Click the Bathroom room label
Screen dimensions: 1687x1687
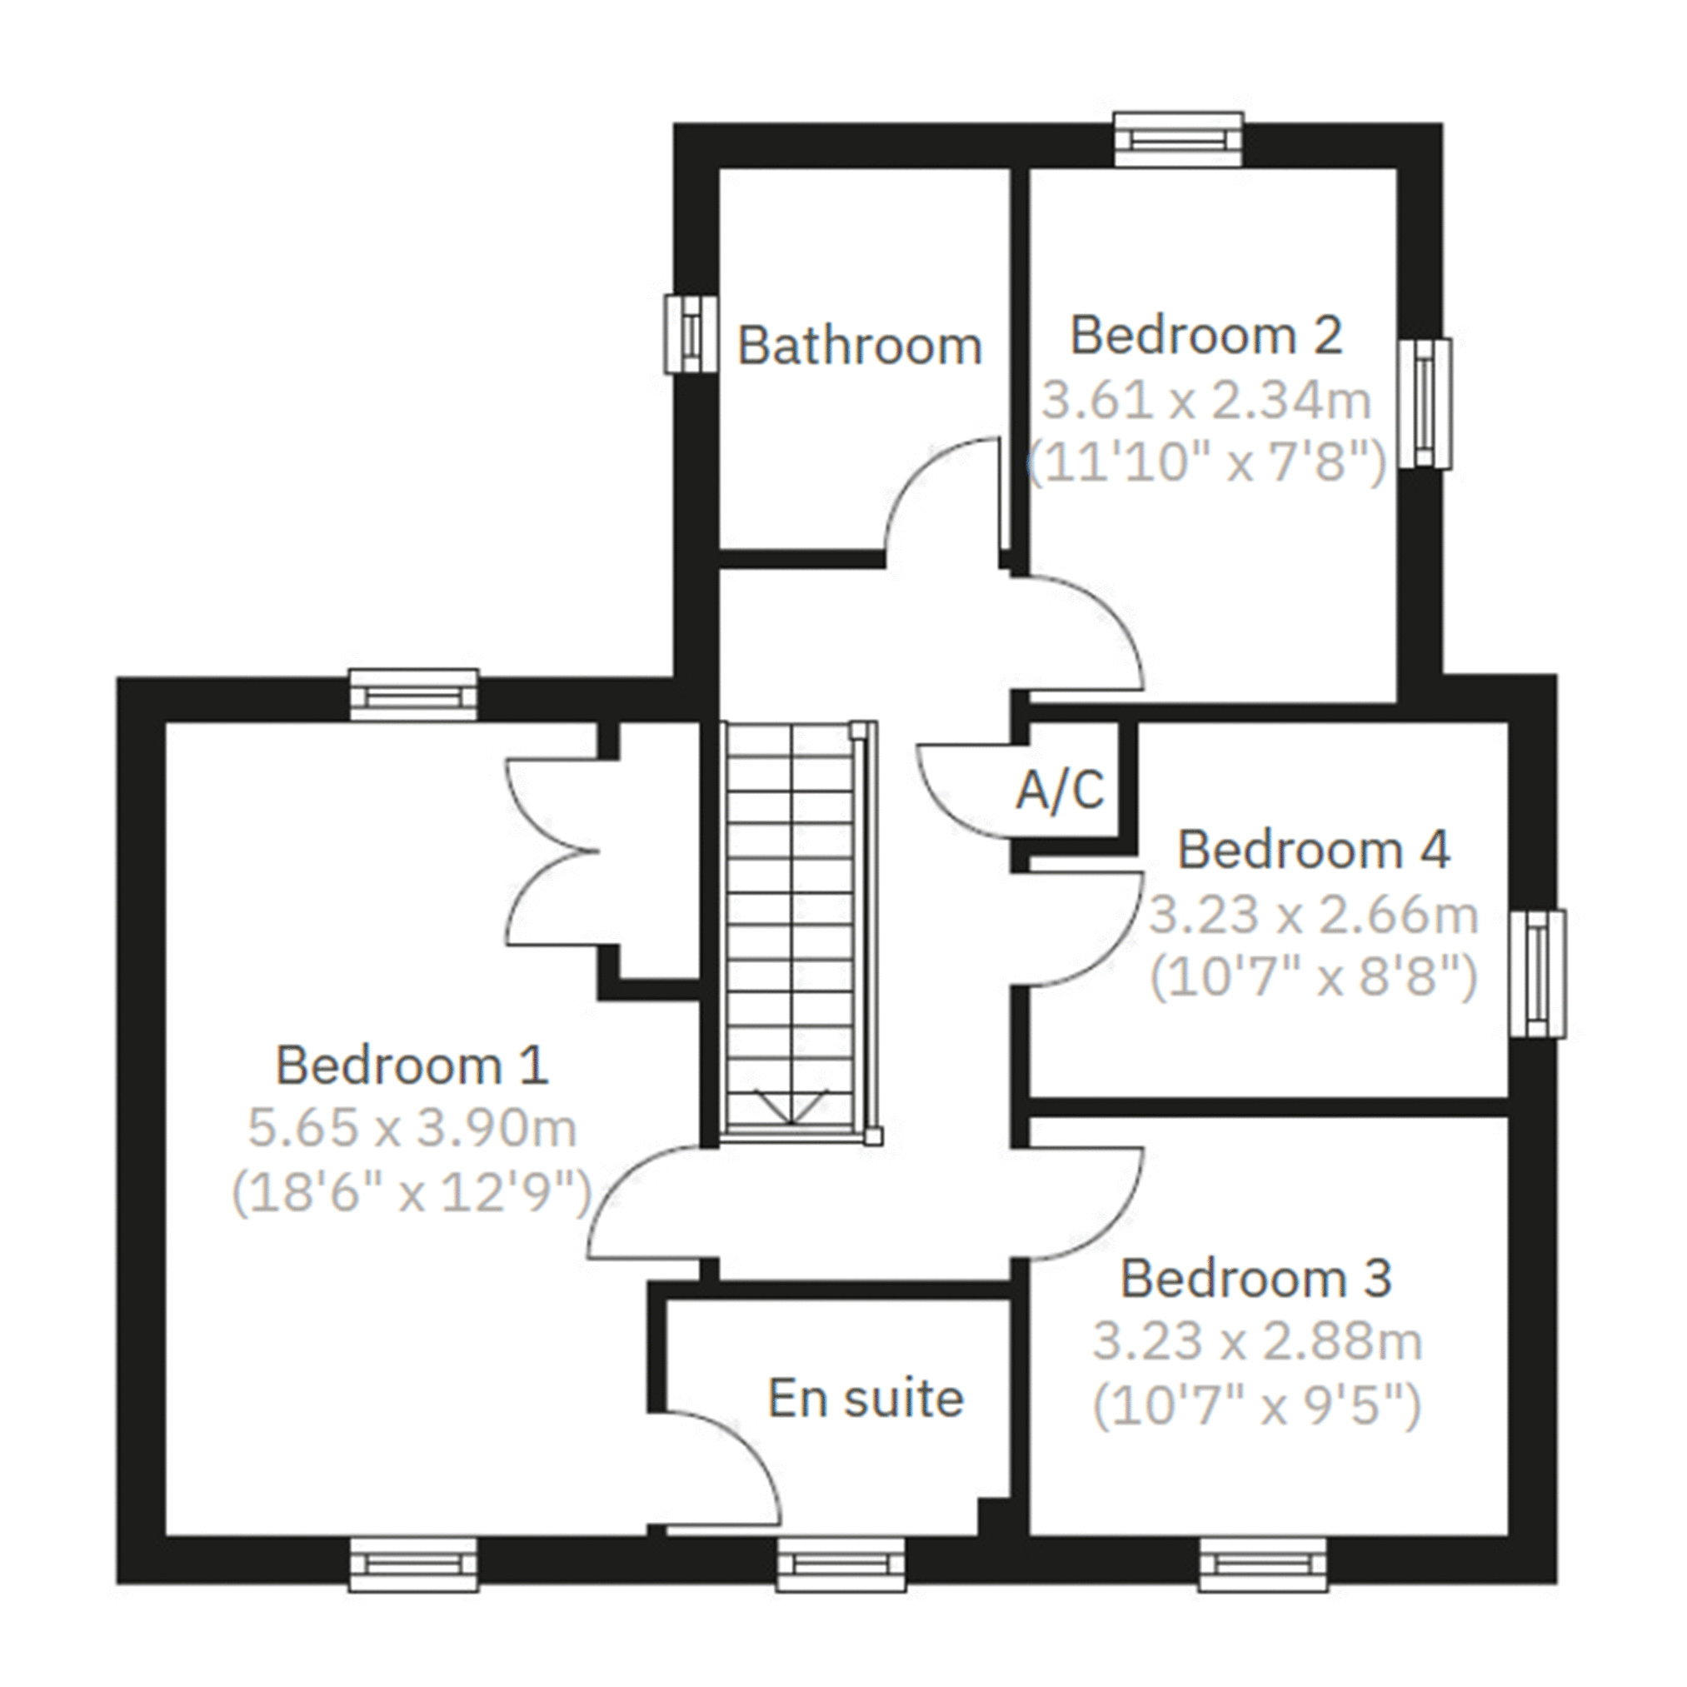point(859,346)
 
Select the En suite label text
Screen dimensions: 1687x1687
point(866,1398)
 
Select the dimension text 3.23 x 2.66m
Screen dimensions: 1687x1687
point(1312,914)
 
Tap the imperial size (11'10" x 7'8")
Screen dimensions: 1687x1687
point(1205,462)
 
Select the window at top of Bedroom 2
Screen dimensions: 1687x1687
point(1179,140)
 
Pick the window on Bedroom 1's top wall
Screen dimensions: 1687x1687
point(413,695)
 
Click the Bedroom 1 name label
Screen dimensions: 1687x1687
point(412,1066)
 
